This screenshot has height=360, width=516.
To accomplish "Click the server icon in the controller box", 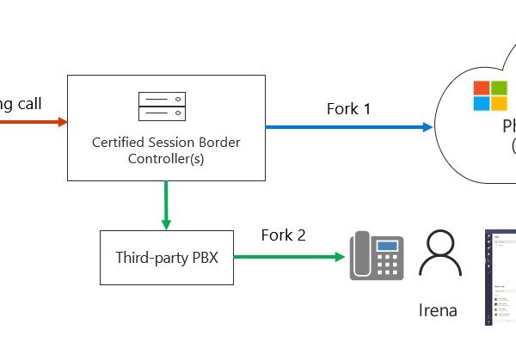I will pyautogui.click(x=161, y=107).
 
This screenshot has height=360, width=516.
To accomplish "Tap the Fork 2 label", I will pyautogui.click(x=284, y=235).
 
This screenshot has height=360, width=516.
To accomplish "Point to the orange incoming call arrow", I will pyautogui.click(x=34, y=122).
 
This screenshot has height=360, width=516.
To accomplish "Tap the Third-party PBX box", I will pyautogui.click(x=166, y=257).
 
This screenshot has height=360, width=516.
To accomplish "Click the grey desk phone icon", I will pyautogui.click(x=376, y=256).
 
